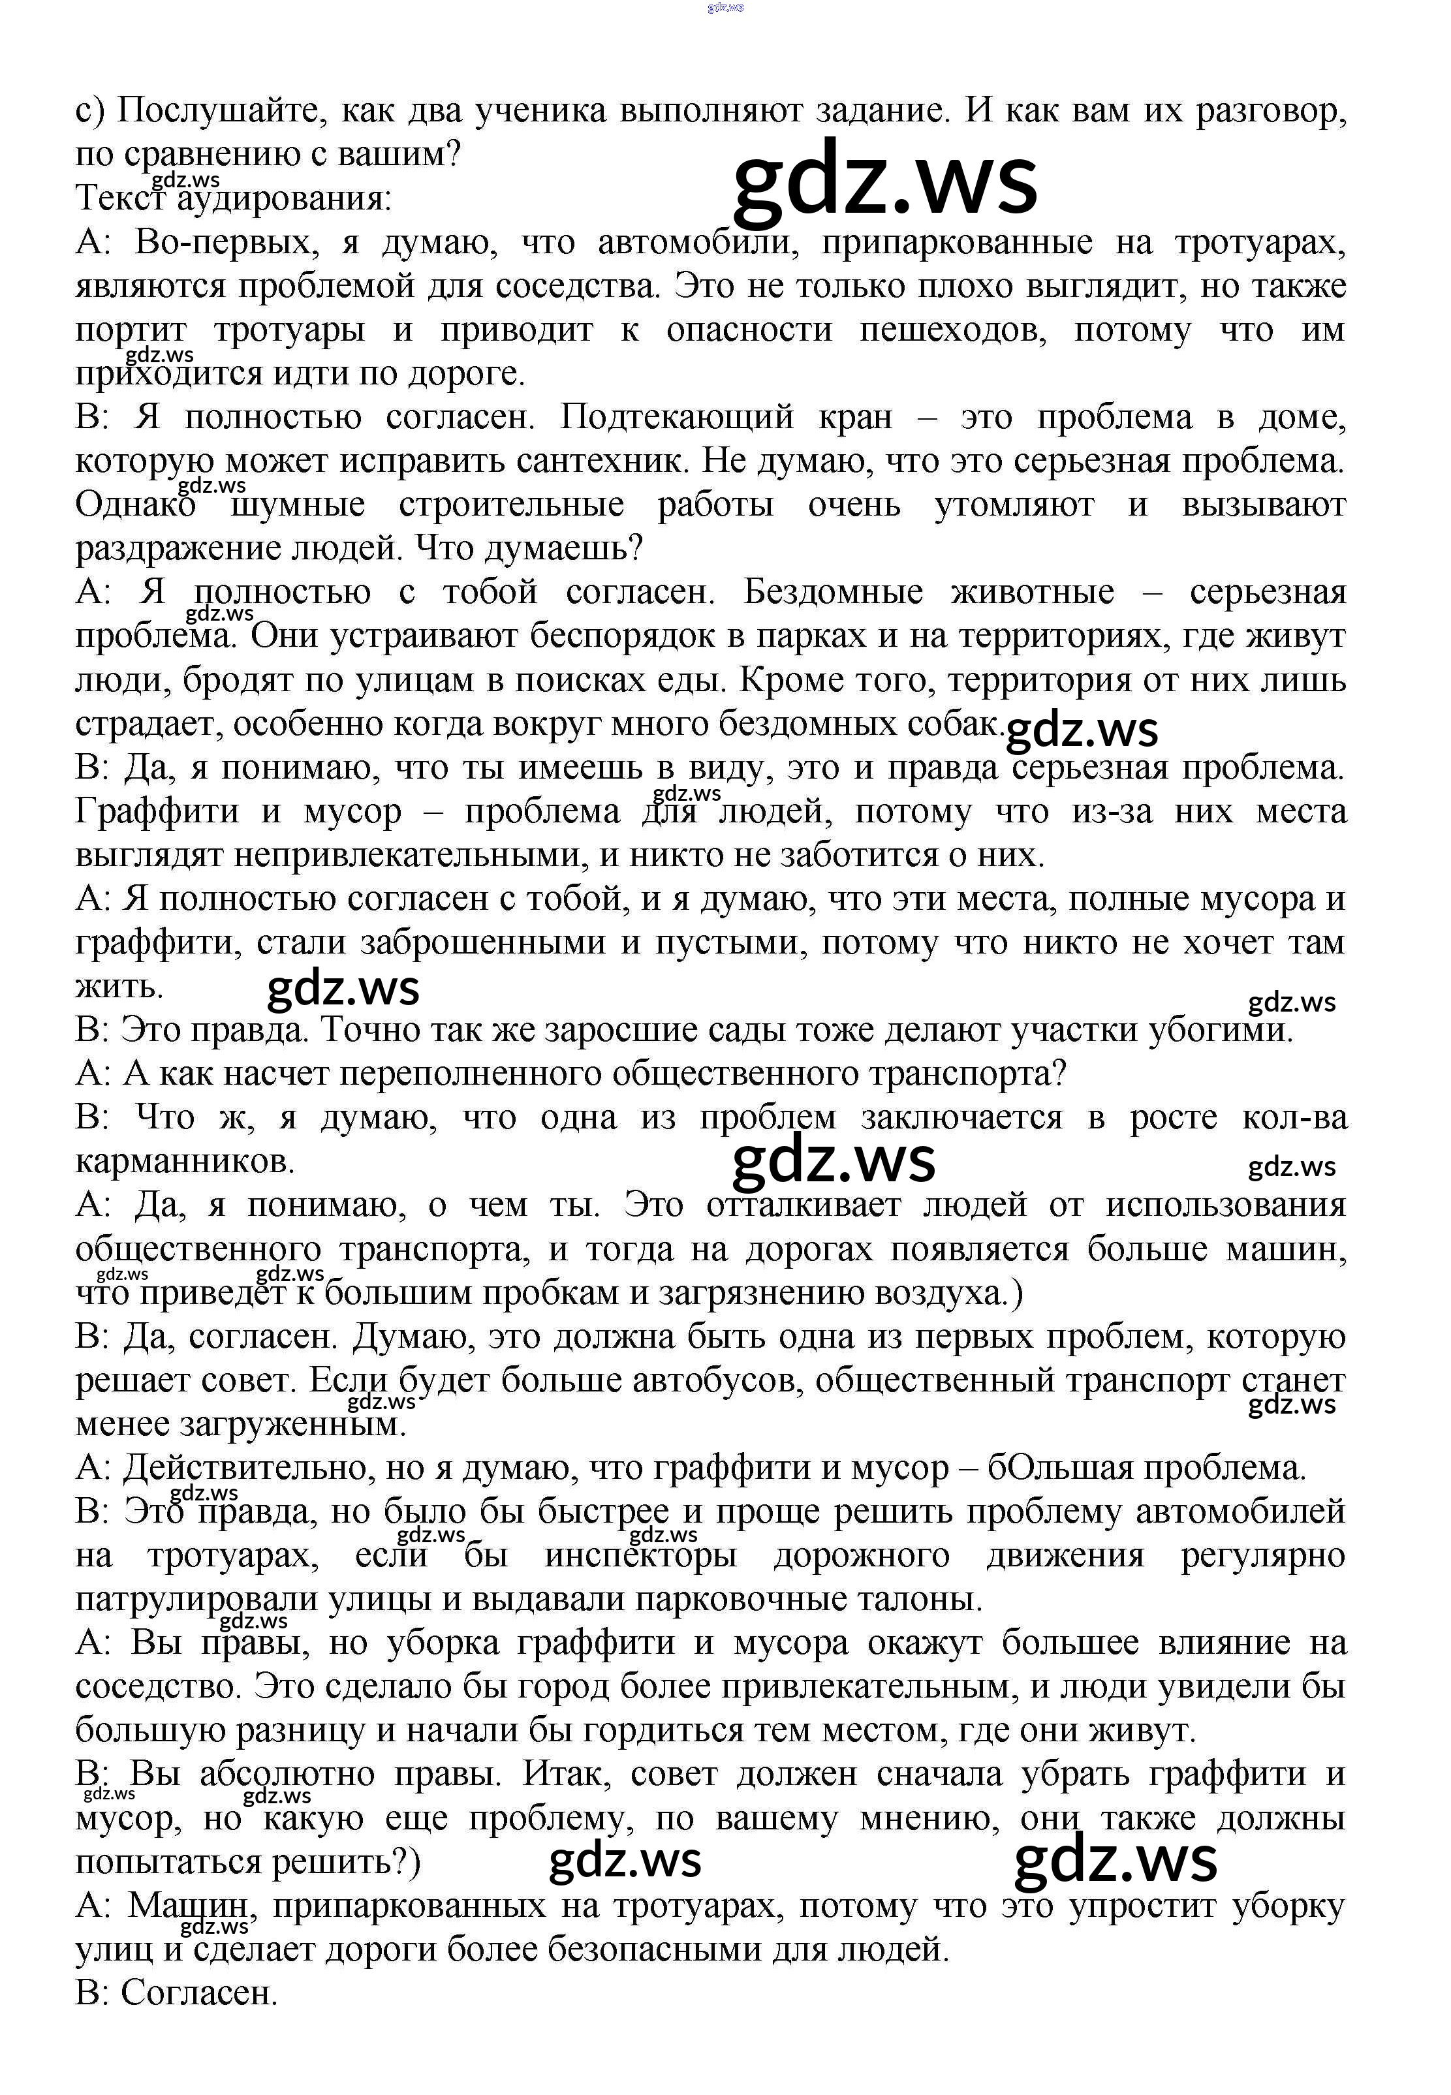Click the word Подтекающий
tap(678, 417)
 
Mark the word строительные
tap(511, 505)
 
